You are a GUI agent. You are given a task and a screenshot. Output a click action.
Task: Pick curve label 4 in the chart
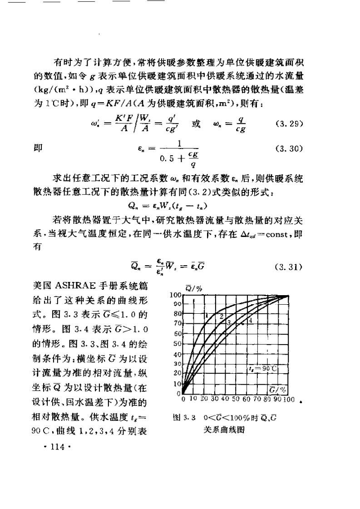[250, 320]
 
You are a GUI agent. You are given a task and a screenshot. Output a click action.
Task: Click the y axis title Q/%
[191, 287]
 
